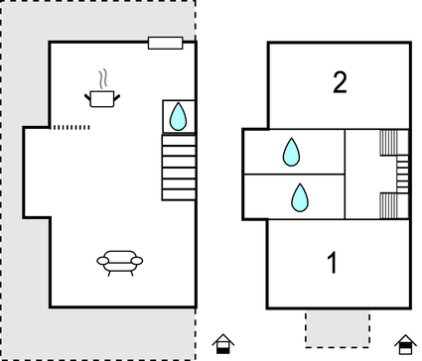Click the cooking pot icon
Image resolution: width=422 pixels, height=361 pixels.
click(102, 97)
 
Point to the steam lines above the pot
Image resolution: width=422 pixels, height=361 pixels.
click(102, 77)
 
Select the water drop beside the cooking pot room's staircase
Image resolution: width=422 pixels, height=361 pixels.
click(178, 117)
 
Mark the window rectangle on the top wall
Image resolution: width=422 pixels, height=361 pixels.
click(165, 43)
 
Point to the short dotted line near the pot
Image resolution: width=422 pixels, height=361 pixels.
click(70, 127)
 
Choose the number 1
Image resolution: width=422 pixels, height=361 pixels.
click(333, 263)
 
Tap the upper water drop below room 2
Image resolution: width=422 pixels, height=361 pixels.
click(291, 152)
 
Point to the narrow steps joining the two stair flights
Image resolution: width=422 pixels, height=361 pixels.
click(402, 175)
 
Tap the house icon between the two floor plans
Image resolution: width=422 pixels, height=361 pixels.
click(223, 344)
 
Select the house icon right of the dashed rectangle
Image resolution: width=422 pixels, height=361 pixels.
click(403, 344)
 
